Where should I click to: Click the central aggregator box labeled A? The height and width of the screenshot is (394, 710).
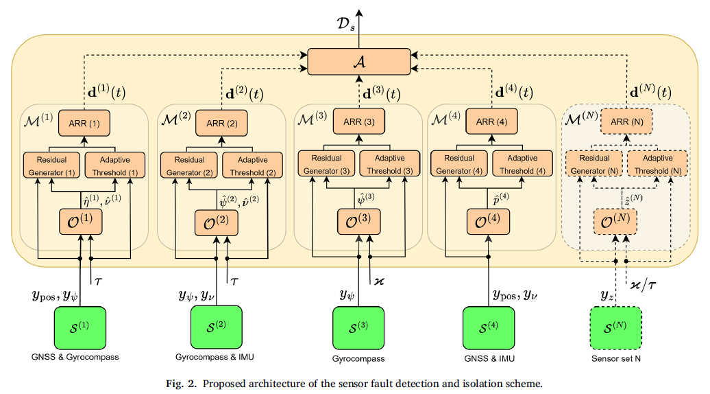point(358,62)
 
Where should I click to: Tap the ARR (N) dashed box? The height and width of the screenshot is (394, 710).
point(626,122)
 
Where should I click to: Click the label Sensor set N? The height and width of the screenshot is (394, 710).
point(614,358)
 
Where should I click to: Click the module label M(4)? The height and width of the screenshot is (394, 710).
point(446,118)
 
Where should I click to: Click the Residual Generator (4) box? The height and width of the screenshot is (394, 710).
point(456,164)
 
